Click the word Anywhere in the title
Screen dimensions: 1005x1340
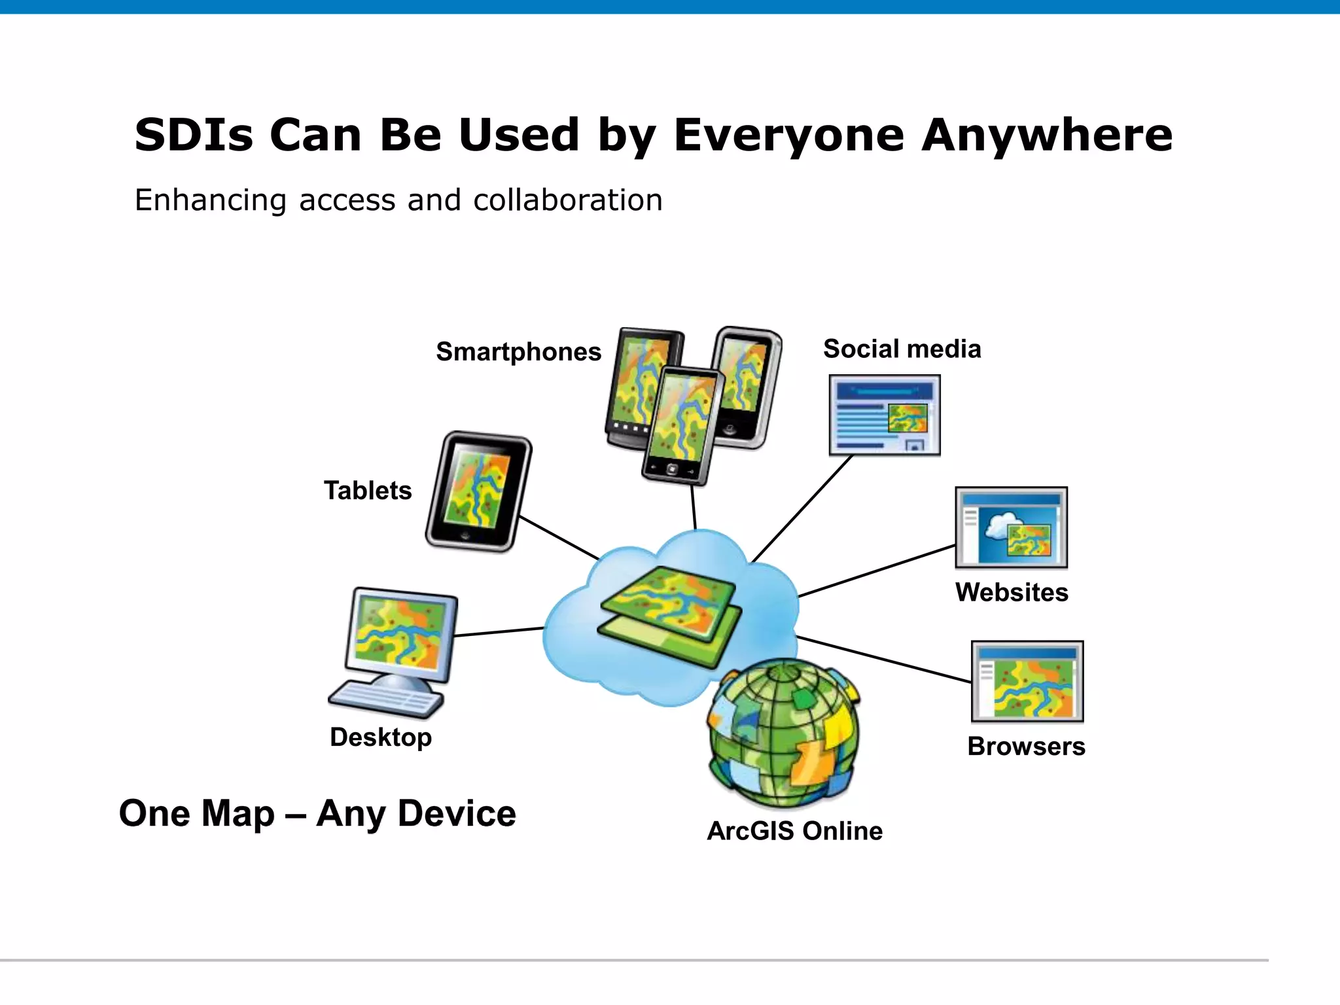coord(1047,135)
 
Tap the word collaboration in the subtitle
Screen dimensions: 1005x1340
coord(568,200)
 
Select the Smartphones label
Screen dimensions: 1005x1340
coord(518,352)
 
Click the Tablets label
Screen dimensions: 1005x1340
coord(368,491)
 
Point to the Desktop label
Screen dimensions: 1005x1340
coord(381,737)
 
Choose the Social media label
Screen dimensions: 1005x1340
coord(902,349)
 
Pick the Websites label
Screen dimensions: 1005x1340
coord(1012,592)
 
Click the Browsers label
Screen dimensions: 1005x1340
coord(1026,747)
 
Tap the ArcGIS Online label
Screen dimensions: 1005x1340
coord(794,831)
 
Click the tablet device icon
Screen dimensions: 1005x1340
coord(479,491)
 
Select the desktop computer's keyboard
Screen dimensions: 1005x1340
coord(386,699)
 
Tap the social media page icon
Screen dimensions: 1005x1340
coord(884,415)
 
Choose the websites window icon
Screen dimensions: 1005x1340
coord(1011,527)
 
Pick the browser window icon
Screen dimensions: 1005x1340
coord(1027,681)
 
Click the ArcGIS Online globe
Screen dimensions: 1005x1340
coord(784,734)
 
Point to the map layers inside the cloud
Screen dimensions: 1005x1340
coord(670,615)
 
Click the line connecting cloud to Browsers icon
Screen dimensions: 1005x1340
coord(883,659)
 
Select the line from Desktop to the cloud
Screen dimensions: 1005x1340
coord(499,632)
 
